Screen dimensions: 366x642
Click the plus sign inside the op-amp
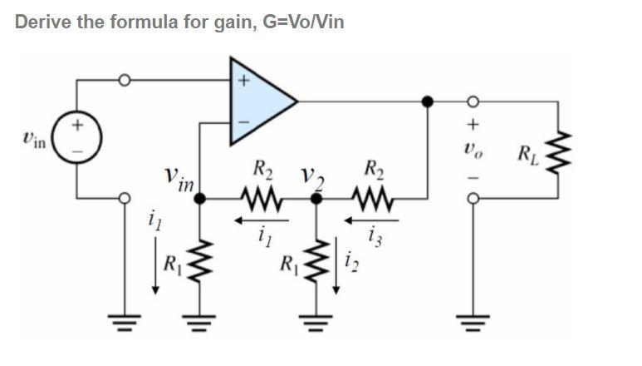243,82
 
